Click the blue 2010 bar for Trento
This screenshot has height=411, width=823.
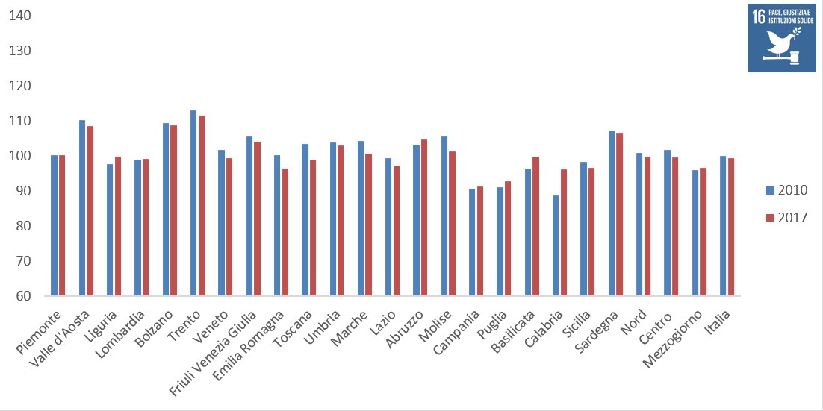pyautogui.click(x=193, y=204)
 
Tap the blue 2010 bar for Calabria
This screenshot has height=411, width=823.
pyautogui.click(x=556, y=246)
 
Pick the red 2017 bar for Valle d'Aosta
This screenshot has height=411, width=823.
pyautogui.click(x=90, y=211)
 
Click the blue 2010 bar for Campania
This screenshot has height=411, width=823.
pyautogui.click(x=472, y=242)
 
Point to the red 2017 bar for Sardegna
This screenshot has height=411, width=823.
pyautogui.click(x=619, y=214)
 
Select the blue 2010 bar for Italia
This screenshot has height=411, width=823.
pyautogui.click(x=723, y=226)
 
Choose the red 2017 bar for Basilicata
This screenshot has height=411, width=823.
pyautogui.click(x=536, y=227)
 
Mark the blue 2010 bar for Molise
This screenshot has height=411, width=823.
pyautogui.click(x=444, y=216)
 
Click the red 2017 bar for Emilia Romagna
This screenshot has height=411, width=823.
pyautogui.click(x=285, y=232)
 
